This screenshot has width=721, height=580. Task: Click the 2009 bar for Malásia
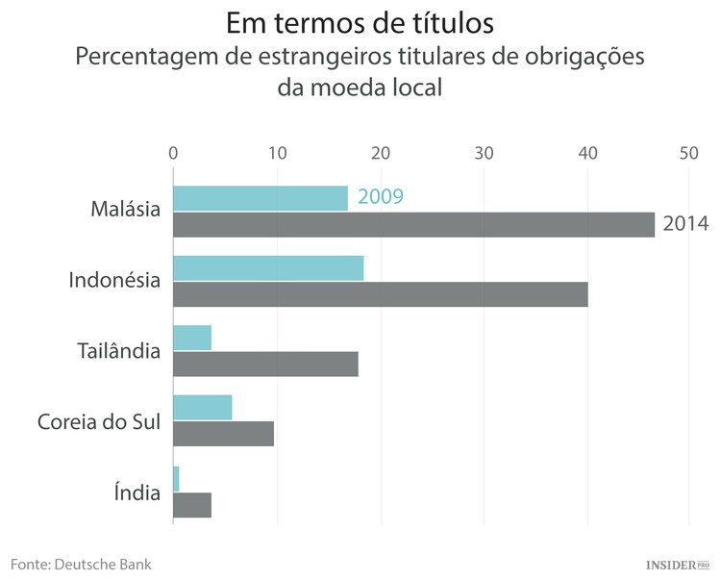[x=260, y=198]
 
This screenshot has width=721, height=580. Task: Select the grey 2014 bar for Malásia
[x=413, y=224]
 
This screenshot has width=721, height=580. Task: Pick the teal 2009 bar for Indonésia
[x=268, y=267]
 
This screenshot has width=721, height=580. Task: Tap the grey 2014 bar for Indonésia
[x=380, y=293]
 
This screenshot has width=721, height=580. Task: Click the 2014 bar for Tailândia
[x=265, y=364]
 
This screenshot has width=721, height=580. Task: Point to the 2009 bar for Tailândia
[x=192, y=338]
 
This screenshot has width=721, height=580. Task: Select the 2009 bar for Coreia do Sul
[x=202, y=407]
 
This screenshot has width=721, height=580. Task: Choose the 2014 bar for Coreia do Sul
[x=223, y=433]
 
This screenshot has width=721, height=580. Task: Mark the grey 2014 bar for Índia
[x=192, y=504]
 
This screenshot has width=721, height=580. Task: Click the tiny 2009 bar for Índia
[x=176, y=478]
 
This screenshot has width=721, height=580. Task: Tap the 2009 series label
[x=380, y=197]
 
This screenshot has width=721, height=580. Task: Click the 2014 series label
[x=685, y=224]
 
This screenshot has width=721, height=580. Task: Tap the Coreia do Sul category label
[x=98, y=421]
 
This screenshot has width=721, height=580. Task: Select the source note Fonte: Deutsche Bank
[x=81, y=563]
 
